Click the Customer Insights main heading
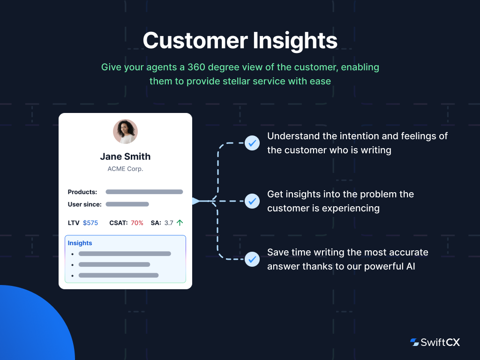coord(240,40)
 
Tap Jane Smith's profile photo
coord(125,131)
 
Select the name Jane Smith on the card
coord(125,157)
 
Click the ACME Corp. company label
coord(125,169)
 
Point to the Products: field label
coord(82,192)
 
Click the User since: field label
coord(84,204)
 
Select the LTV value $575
coord(90,223)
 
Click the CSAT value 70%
coord(137,223)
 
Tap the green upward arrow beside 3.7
coord(180,223)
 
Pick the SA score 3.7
coord(169,223)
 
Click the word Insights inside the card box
coord(80,243)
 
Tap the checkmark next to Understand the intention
coord(252,143)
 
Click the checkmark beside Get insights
coord(252,201)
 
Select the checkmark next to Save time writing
coord(252,259)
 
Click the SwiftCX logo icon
coord(414,342)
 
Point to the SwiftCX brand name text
coord(441,342)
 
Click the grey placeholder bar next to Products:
coord(144,192)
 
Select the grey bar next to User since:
coord(127,204)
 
